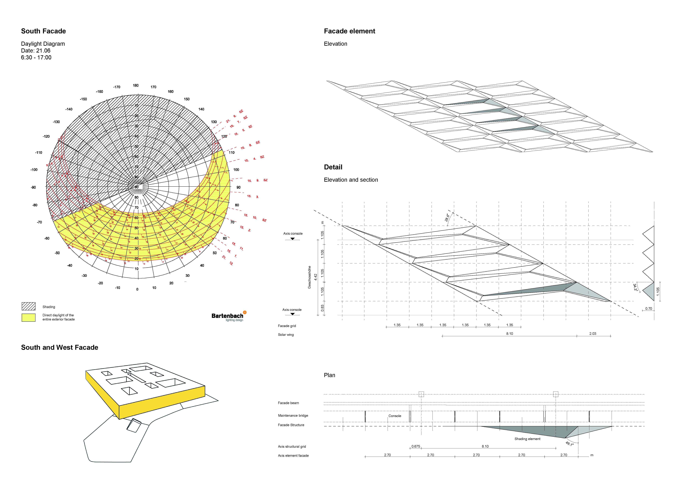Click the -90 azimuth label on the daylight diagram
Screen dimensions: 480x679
point(33,187)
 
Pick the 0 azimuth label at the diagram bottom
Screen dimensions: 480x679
point(137,289)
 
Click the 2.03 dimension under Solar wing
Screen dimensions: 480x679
point(593,334)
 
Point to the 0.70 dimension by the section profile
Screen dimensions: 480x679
point(648,309)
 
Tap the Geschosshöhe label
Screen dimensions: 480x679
point(309,277)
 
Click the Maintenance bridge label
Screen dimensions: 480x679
point(293,416)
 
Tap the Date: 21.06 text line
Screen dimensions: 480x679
point(36,50)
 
